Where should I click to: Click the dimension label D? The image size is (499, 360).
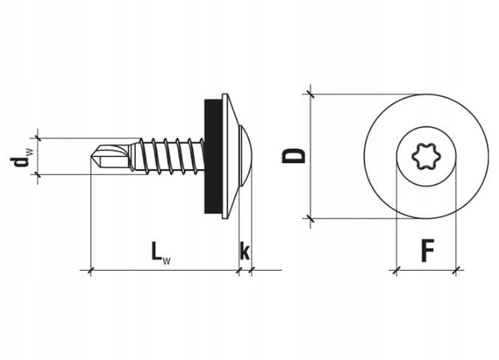[293, 156]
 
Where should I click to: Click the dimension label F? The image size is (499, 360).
[427, 252]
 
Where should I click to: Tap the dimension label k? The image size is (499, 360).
[244, 251]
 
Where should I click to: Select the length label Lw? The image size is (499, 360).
[160, 253]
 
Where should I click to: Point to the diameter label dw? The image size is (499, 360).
[21, 157]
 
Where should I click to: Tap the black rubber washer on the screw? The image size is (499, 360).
[211, 156]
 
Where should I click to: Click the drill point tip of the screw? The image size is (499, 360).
[91, 156]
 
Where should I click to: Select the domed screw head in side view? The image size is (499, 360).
[245, 156]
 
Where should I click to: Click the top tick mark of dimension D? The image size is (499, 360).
[310, 94]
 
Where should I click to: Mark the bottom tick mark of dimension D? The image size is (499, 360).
[310, 218]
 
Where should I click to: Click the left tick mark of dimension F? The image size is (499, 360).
[396, 271]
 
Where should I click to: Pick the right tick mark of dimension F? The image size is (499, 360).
[456, 271]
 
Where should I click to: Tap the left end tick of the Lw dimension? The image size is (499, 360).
[91, 271]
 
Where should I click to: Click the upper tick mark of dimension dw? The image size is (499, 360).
[38, 138]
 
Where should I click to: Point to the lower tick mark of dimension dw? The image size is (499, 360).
[38, 174]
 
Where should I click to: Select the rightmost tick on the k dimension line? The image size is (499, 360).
[252, 271]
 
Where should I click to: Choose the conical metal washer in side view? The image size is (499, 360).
[229, 156]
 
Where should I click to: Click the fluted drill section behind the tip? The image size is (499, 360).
[111, 156]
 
